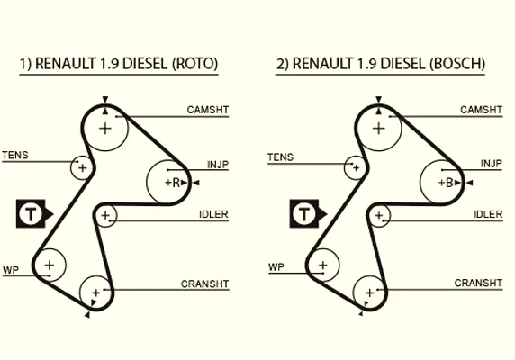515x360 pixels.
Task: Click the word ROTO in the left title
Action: [x=194, y=64]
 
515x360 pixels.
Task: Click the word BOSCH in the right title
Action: [x=457, y=64]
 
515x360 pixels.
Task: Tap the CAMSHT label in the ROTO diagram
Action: [x=208, y=110]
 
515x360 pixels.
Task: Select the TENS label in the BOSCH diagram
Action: [x=280, y=157]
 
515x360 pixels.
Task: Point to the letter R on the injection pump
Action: [x=176, y=183]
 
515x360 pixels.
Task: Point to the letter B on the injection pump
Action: [x=449, y=183]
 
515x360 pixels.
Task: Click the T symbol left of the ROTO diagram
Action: [x=31, y=213]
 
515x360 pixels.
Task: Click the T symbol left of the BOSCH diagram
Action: [x=304, y=213]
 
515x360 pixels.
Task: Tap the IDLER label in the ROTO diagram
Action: [x=213, y=214]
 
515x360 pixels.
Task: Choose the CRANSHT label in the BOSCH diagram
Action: [x=478, y=283]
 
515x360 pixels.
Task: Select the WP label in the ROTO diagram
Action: [x=11, y=270]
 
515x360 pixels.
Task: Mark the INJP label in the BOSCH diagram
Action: [x=492, y=164]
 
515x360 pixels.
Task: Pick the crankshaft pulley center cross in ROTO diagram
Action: [x=96, y=292]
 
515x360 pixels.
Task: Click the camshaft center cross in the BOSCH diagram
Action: [x=379, y=129]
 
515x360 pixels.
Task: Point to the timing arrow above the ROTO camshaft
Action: [x=105, y=99]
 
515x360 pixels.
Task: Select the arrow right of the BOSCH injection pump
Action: [x=469, y=183]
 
